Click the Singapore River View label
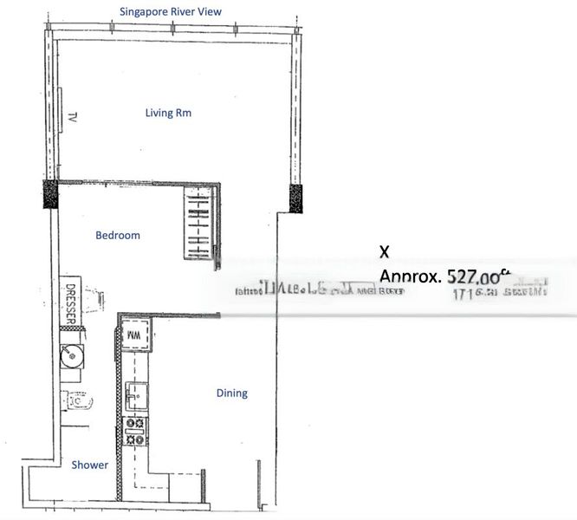click(171, 11)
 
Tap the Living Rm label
click(168, 113)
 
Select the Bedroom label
click(117, 235)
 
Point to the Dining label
click(231, 393)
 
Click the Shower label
click(90, 465)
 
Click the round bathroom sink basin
click(70, 355)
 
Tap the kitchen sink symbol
click(135, 396)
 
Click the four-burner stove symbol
click(136, 431)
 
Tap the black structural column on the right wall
click(295, 198)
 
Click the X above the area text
click(385, 251)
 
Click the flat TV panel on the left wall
click(62, 109)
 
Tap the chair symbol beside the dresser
click(97, 298)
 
